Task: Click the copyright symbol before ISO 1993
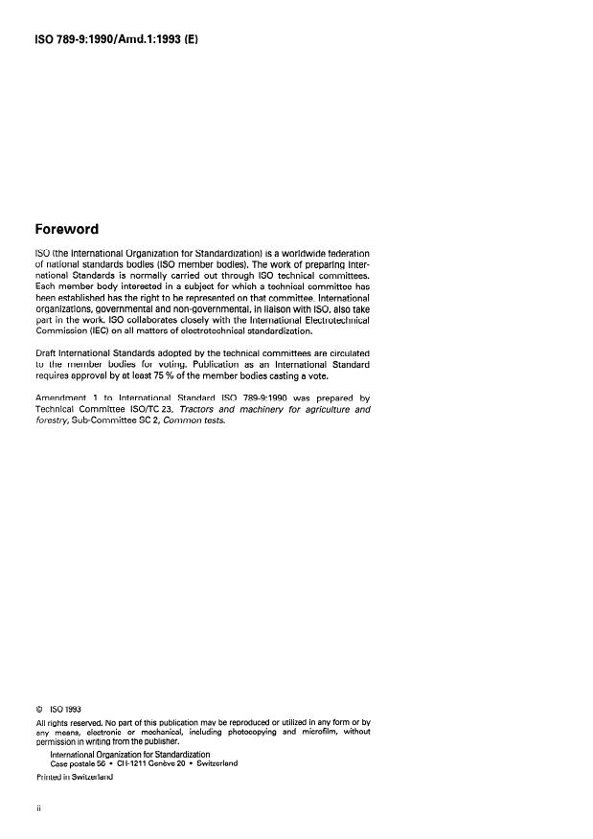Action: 39,710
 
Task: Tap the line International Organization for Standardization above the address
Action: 122,754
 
